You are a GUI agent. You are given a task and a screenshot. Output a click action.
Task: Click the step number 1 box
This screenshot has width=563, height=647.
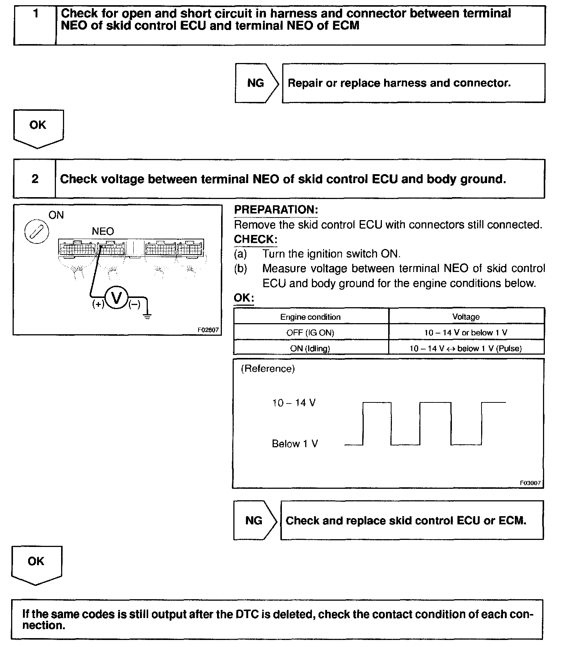point(35,25)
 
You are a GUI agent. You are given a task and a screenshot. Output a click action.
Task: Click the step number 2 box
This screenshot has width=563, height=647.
point(34,179)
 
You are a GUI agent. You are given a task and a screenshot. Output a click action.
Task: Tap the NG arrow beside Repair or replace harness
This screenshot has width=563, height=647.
point(256,83)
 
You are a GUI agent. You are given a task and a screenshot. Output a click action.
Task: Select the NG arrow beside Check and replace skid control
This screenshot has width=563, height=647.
point(254,520)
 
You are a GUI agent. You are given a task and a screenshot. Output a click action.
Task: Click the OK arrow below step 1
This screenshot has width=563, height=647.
point(38,128)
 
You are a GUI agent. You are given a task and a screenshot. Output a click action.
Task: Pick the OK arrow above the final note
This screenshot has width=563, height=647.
point(36,564)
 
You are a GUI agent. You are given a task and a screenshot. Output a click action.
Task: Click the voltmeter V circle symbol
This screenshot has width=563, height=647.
point(117,298)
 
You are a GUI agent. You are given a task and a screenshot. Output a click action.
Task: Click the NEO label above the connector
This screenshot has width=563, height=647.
point(103,232)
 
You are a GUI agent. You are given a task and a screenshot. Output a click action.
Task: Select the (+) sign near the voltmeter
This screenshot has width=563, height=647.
point(98,305)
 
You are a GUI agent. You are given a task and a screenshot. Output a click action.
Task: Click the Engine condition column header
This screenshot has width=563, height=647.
point(310,317)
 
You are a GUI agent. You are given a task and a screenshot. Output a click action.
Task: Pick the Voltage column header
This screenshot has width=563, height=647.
point(466,317)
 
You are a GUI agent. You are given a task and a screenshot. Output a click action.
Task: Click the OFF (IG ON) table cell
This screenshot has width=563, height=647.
point(310,332)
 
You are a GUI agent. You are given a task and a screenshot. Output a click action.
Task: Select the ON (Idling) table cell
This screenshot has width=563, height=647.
point(310,348)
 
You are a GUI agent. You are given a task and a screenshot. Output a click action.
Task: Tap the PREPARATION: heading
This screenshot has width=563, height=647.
point(276,210)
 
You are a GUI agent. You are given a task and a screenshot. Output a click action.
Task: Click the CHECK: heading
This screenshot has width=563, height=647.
point(255,239)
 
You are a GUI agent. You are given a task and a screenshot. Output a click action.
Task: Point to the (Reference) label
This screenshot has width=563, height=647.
point(268,369)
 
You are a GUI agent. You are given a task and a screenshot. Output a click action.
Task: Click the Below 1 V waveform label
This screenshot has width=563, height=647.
point(295,444)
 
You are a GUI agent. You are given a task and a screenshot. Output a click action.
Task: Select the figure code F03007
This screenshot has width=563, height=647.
point(530,483)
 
